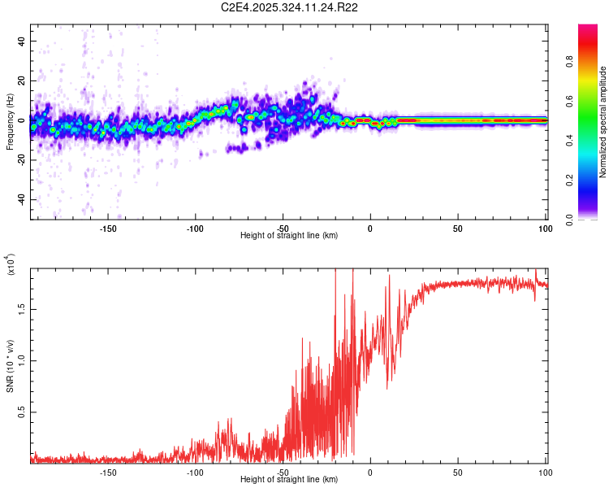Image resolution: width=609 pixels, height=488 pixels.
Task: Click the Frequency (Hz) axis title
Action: point(9,121)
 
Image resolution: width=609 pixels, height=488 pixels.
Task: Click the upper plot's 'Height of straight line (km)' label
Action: point(289,236)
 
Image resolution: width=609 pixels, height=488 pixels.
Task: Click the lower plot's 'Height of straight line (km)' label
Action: point(289,480)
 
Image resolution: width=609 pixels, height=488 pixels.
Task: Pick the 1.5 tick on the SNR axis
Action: point(22,308)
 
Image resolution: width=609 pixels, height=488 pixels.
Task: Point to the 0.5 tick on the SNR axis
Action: point(22,412)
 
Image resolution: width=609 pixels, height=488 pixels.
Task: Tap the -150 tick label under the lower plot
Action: point(108,472)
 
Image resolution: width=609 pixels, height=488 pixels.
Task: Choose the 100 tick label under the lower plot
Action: point(545,472)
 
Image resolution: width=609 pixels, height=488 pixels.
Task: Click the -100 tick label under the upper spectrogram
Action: point(195,228)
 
